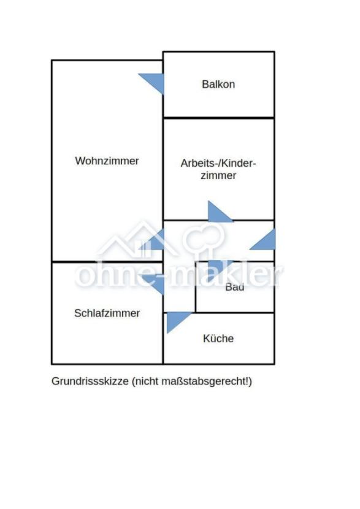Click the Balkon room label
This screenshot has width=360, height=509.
[x=218, y=85]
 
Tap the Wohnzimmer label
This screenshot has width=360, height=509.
[x=107, y=161]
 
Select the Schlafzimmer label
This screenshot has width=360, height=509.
[x=107, y=313]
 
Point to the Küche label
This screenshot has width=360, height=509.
[x=218, y=339]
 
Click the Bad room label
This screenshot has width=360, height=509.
[x=235, y=286]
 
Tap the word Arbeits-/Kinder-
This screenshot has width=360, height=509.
[x=218, y=163]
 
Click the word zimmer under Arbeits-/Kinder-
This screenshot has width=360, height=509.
[x=218, y=175]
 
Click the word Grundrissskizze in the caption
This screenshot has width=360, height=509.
[x=90, y=381]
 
